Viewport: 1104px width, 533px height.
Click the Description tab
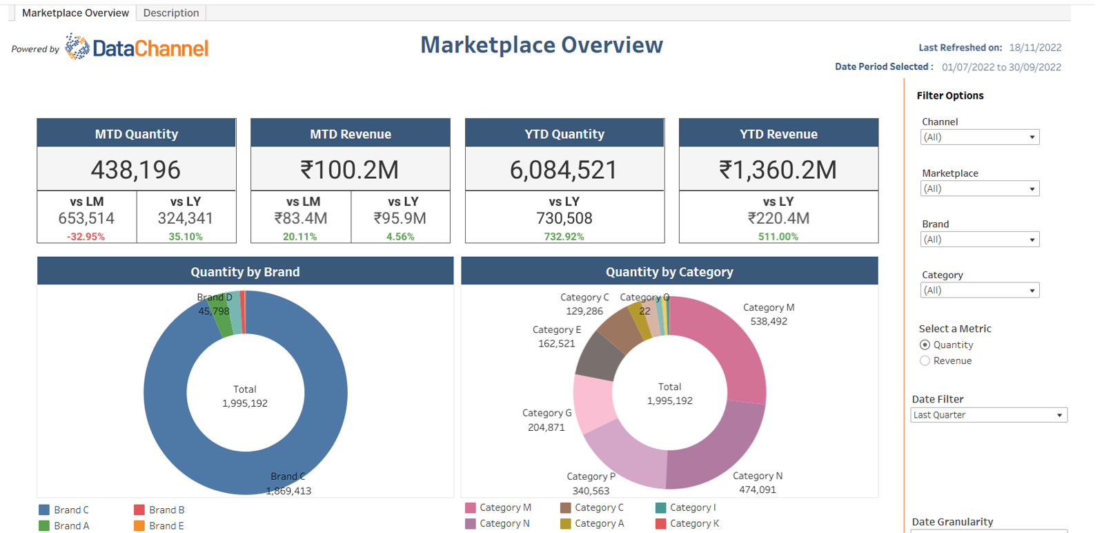pos(170,13)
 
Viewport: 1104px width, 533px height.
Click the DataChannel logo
pos(137,48)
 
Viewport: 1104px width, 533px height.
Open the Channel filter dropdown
pos(979,137)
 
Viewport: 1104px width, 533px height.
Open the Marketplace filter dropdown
pos(979,188)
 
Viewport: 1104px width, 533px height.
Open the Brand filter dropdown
pos(979,240)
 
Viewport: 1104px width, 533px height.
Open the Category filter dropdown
pos(979,291)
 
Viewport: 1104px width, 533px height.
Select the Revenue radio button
pos(925,361)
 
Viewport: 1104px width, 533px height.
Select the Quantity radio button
pos(925,345)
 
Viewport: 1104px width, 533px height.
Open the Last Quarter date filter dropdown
pos(988,415)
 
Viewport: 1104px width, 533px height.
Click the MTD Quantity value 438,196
pos(136,170)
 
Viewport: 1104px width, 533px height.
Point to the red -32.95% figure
pos(86,236)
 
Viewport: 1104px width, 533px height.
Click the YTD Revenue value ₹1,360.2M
pos(778,170)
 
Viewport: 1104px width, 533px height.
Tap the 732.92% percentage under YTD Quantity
pos(564,236)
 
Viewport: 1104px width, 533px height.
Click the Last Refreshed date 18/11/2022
pos(1035,48)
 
